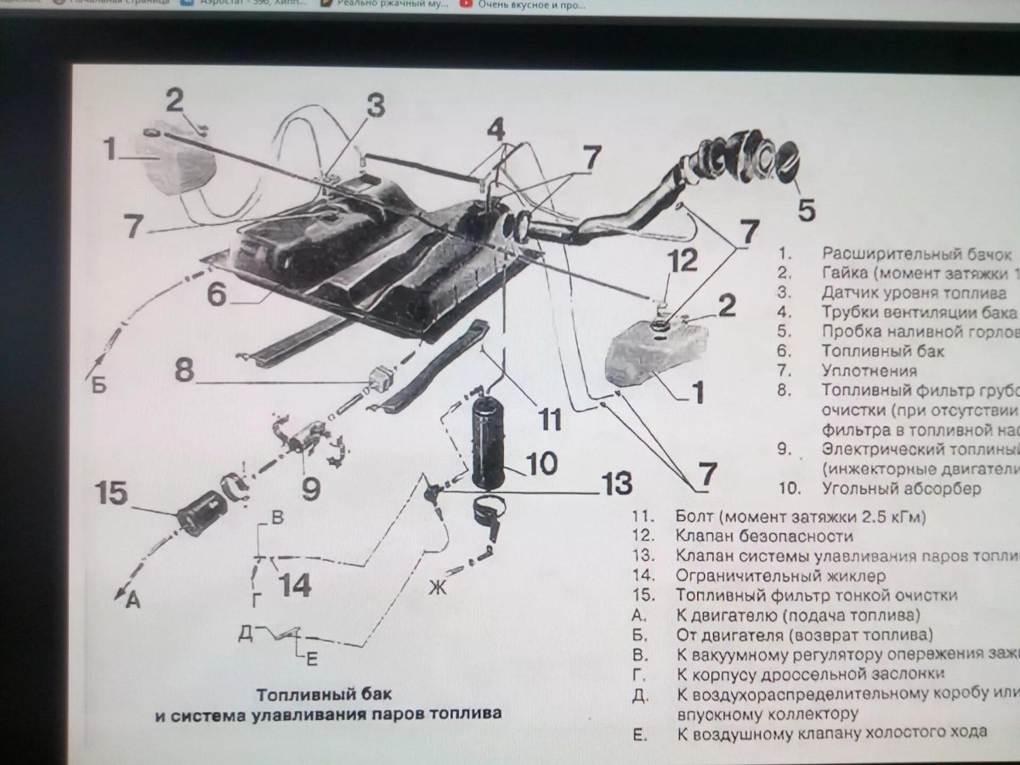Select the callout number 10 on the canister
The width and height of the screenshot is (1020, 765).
coord(541,464)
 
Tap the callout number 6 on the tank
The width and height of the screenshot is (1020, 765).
coord(217,295)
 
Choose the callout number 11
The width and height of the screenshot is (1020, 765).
coord(550,419)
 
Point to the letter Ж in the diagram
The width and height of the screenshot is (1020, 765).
coord(437,587)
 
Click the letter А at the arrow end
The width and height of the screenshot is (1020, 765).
coord(133,601)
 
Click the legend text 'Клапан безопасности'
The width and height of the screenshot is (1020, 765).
coord(764,535)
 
